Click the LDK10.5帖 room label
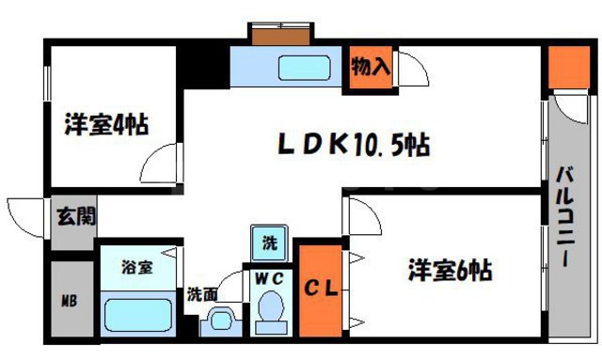[x=354, y=145]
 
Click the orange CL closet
[x=320, y=289]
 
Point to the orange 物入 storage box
[x=371, y=68]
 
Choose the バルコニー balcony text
[x=566, y=218]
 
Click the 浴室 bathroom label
[x=136, y=266]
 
